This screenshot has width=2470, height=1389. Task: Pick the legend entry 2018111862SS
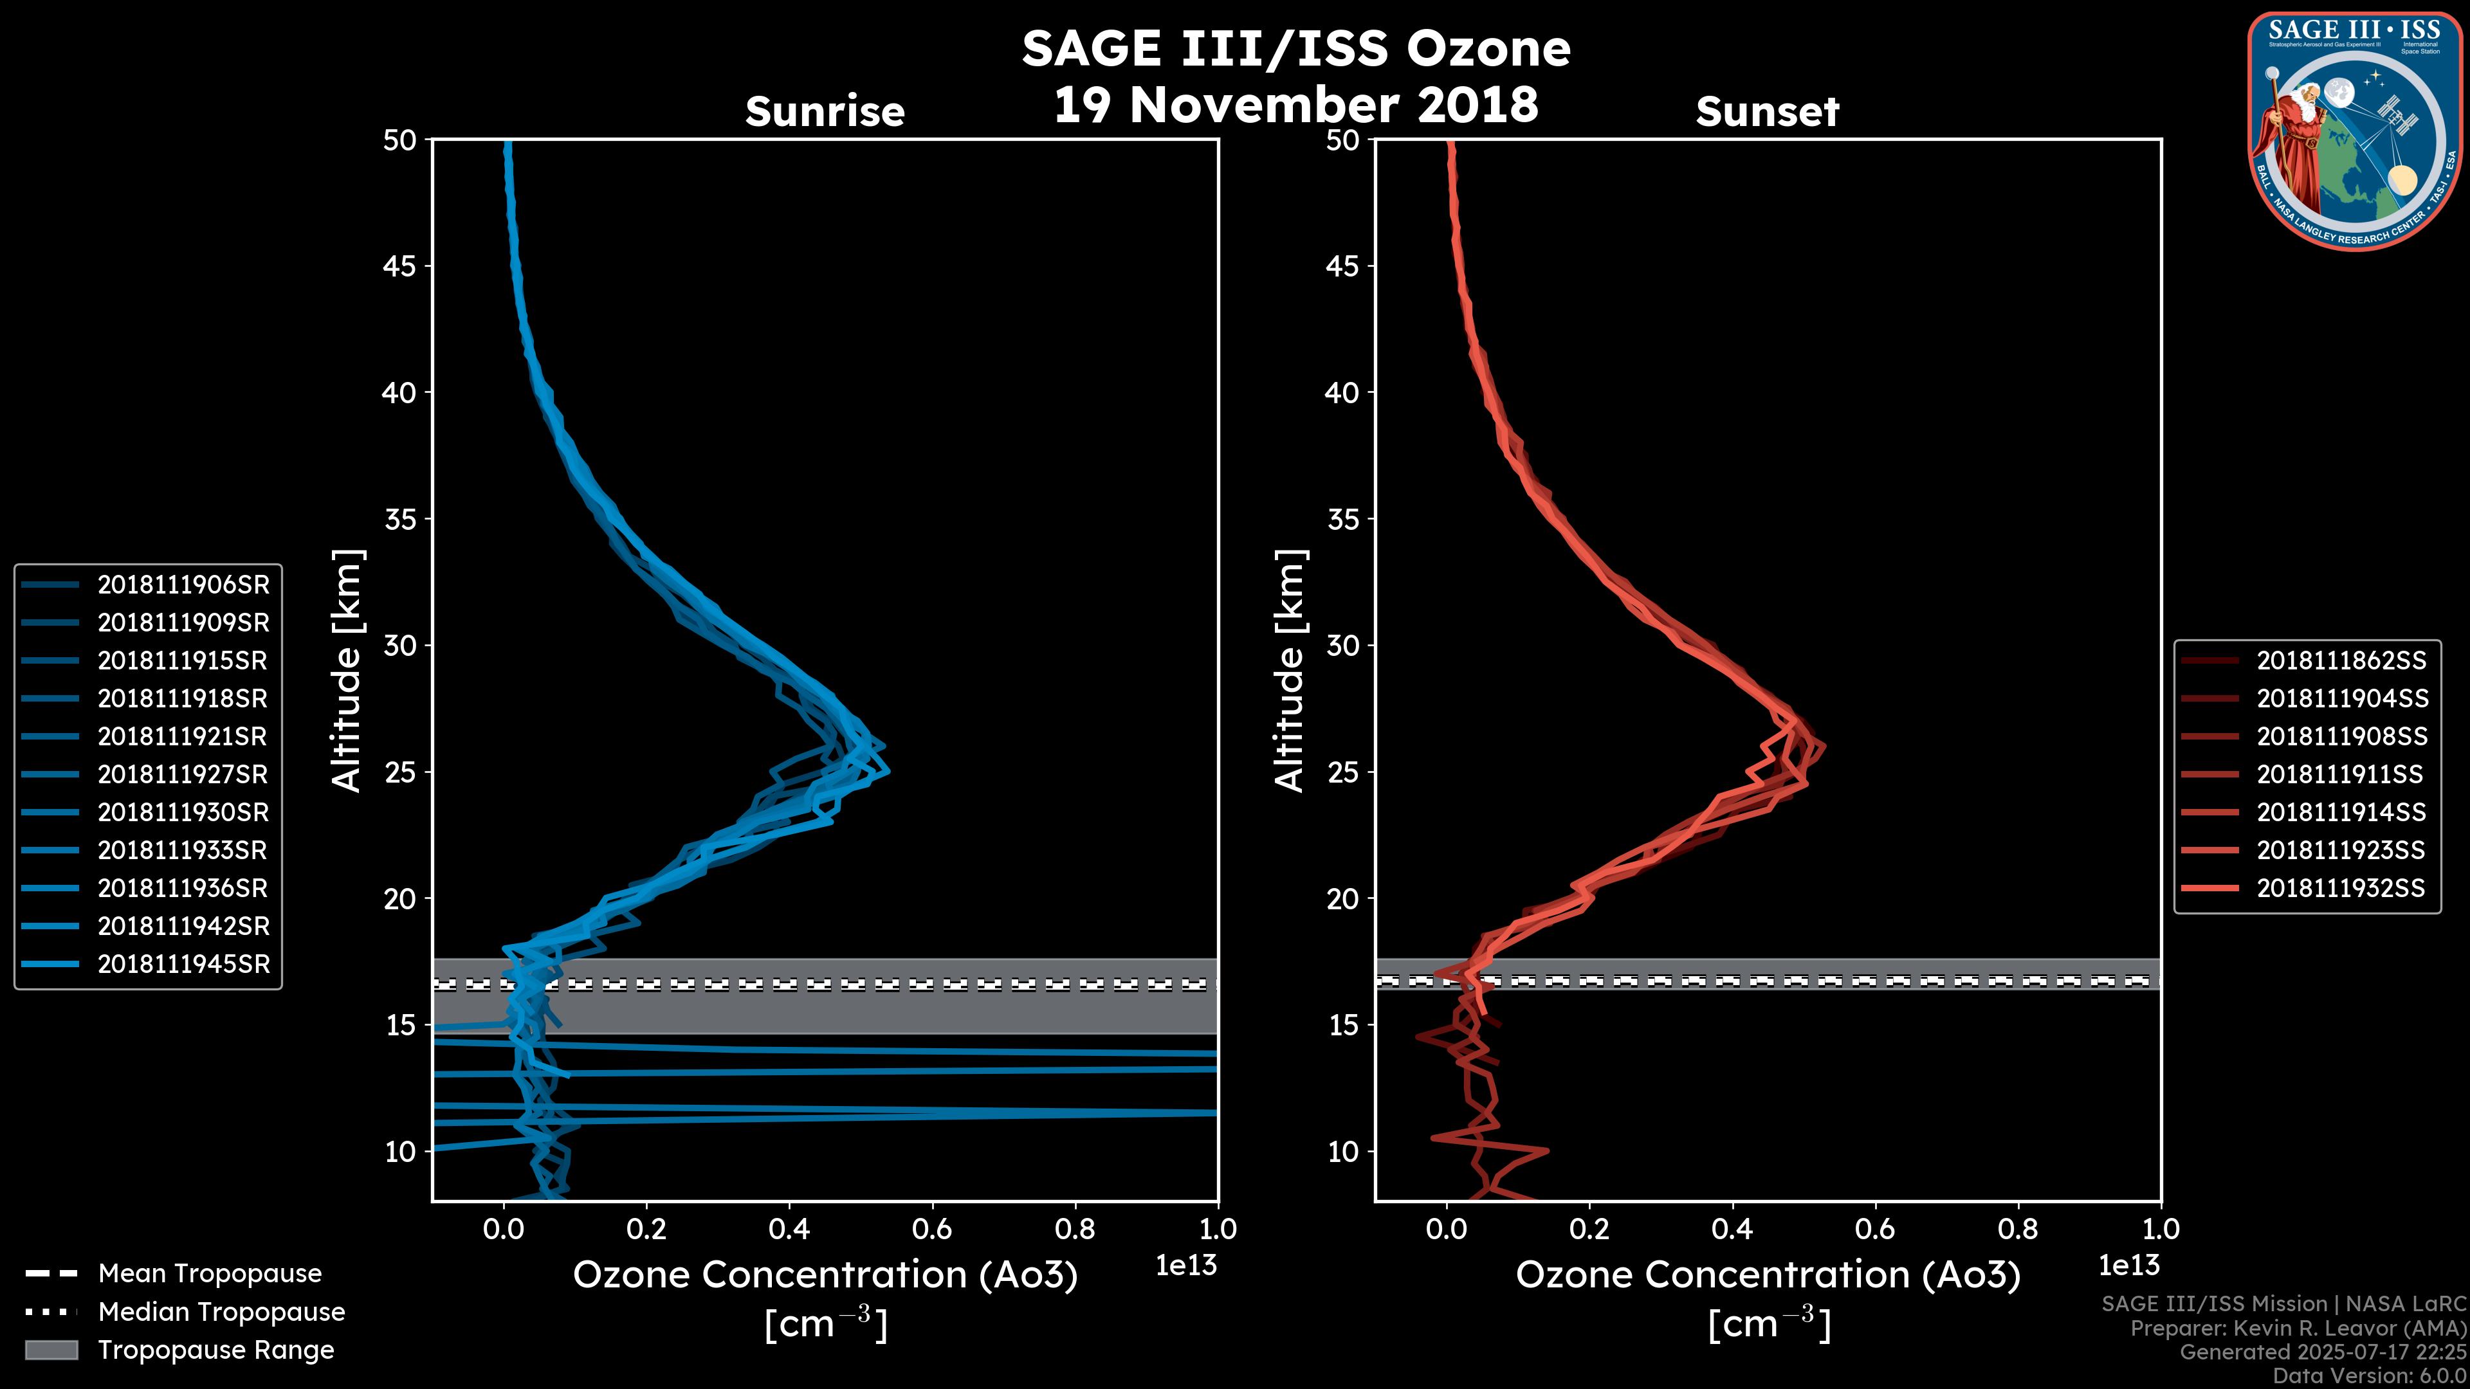pos(2341,660)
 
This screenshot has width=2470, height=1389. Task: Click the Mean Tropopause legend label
pos(210,1274)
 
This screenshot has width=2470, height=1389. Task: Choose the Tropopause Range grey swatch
pos(51,1350)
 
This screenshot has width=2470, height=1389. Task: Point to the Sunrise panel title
pos(825,112)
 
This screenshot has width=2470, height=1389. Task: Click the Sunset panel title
pos(1767,112)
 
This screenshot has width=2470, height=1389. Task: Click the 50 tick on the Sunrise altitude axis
pos(400,140)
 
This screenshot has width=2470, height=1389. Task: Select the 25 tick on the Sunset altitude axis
pos(1343,772)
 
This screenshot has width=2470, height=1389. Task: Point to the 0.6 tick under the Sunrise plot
pos(932,1229)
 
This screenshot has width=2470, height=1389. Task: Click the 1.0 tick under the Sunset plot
pos(2161,1229)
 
